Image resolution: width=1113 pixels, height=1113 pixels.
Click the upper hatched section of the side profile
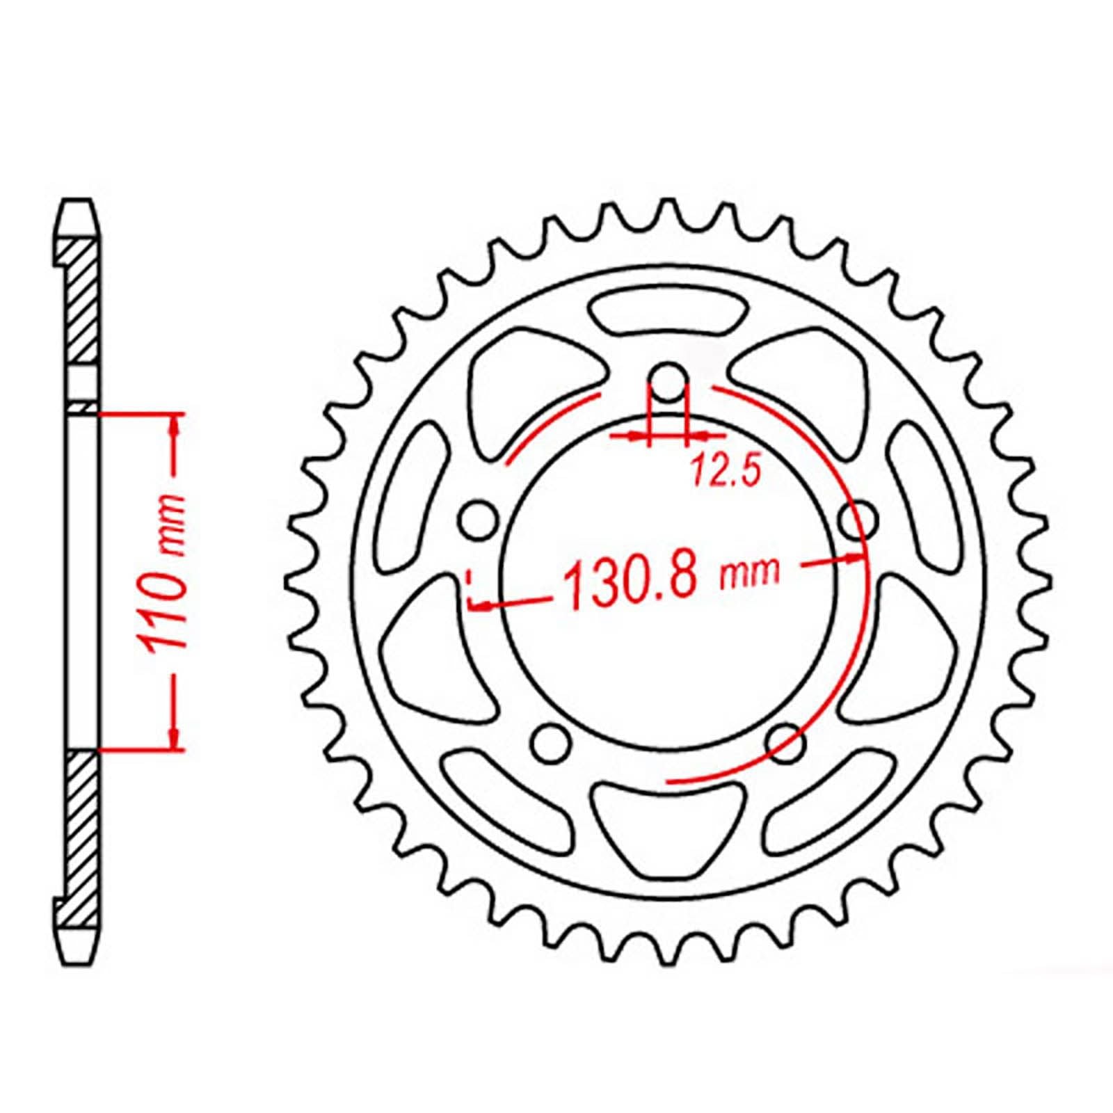(81, 299)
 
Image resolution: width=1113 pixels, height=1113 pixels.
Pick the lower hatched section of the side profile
(81, 835)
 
